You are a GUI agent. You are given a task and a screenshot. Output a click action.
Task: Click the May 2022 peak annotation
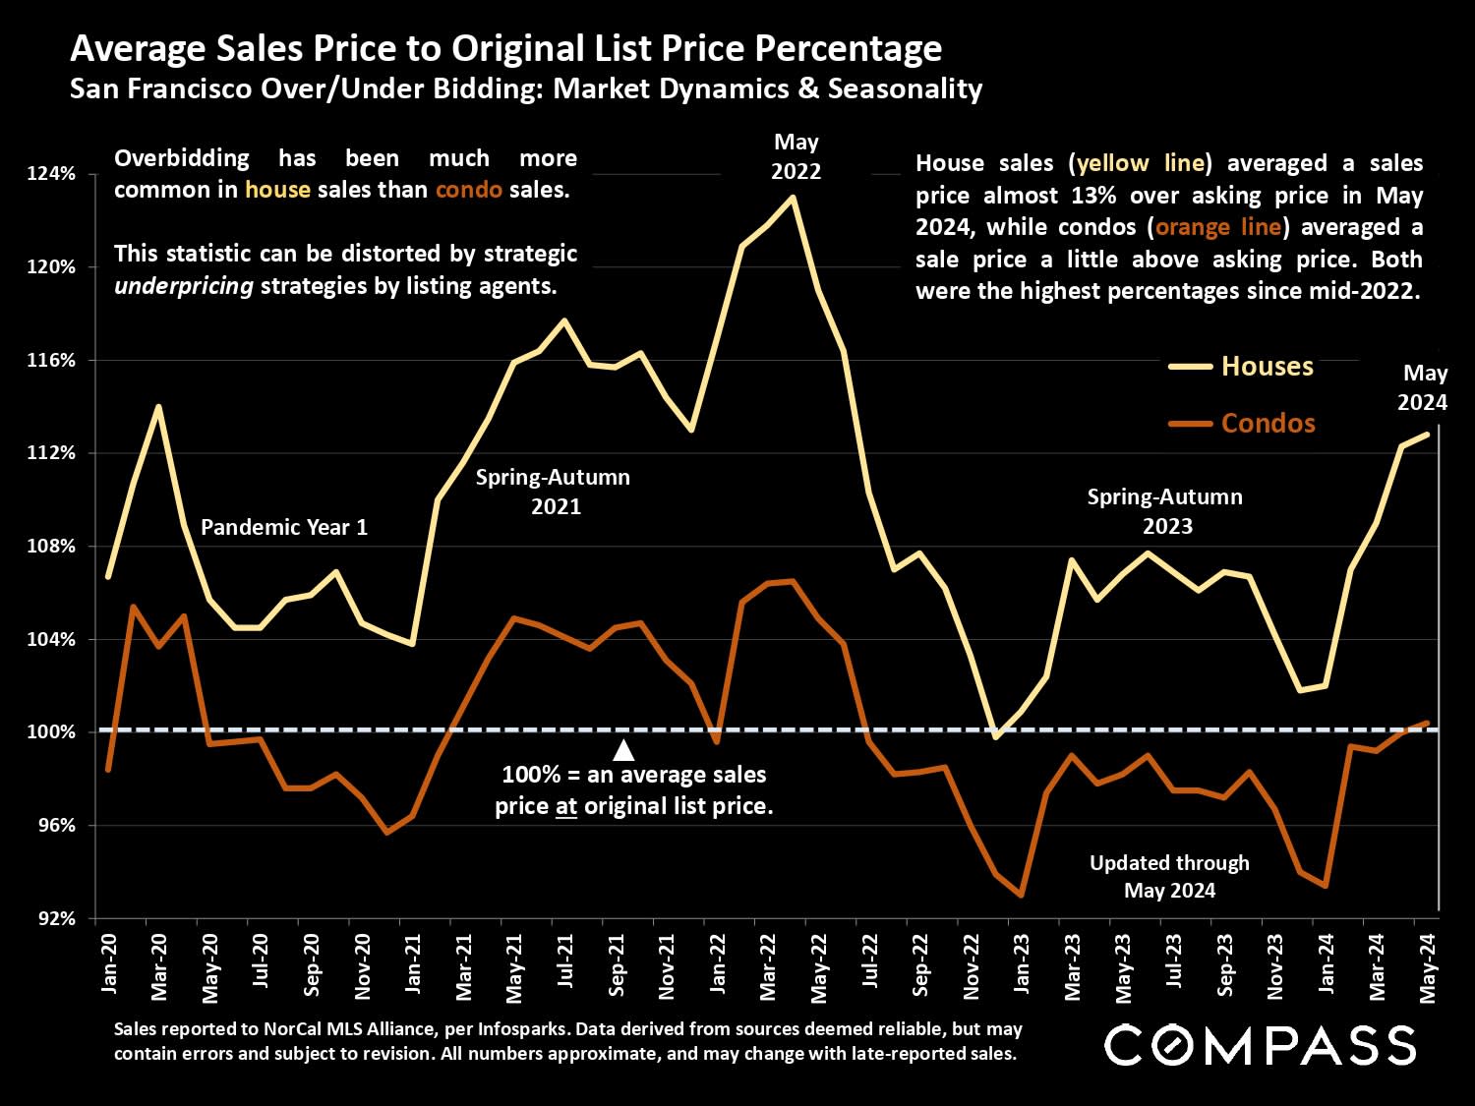[796, 156]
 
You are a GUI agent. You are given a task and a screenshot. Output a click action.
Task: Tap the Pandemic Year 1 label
[284, 527]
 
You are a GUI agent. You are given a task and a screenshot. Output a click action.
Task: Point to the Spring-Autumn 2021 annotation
[554, 492]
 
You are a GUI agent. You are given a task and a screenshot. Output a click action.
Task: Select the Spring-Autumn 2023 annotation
[1165, 511]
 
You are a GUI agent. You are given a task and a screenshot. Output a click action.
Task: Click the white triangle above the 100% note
[623, 751]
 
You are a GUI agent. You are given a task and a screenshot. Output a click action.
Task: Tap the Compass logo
[1261, 1044]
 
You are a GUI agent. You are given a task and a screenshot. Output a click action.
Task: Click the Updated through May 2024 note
[1169, 876]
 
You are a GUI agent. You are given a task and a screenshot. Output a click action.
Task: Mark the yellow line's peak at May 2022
[794, 197]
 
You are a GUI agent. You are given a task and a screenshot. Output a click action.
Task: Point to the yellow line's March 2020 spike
[158, 406]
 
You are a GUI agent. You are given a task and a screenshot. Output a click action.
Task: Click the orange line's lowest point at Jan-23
[1022, 896]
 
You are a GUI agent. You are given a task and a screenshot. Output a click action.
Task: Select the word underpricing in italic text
[184, 286]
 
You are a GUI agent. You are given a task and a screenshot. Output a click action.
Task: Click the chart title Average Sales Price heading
[505, 48]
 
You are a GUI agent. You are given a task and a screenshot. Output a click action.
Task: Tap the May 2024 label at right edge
[1424, 387]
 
